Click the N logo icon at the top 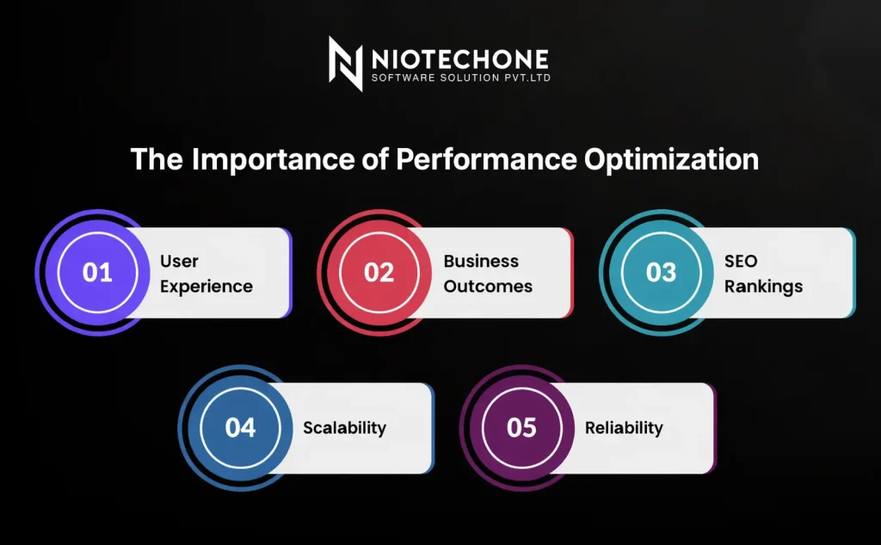click(x=345, y=64)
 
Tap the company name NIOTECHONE click(x=459, y=59)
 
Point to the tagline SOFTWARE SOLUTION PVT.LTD click(x=459, y=79)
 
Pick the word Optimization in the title click(x=672, y=160)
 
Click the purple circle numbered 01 click(x=97, y=272)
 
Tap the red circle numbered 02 click(x=379, y=272)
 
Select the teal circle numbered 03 click(x=662, y=272)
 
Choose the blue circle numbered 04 click(x=240, y=427)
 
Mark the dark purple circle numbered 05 click(x=522, y=427)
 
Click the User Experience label click(x=206, y=274)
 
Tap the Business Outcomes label click(x=488, y=274)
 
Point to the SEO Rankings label click(x=763, y=274)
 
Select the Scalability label click(x=344, y=428)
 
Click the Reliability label click(x=624, y=428)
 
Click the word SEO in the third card click(x=742, y=261)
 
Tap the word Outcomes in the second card click(x=488, y=287)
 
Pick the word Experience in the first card click(x=206, y=287)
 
